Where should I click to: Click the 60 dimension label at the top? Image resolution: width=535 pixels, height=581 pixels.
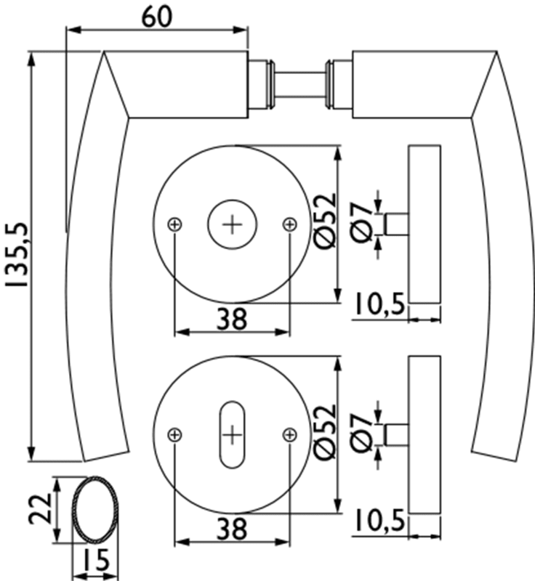coord(156,15)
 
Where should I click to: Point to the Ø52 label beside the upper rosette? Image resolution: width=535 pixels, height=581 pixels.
coord(327,222)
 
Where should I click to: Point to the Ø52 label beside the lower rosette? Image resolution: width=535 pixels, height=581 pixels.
coord(327,431)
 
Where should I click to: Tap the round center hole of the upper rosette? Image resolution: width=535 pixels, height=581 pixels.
coord(233,224)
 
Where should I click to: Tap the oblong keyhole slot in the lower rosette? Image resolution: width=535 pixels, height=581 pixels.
coord(232,434)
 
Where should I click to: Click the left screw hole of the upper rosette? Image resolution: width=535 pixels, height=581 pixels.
coord(174,224)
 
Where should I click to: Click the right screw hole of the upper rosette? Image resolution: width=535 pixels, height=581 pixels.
coord(290,224)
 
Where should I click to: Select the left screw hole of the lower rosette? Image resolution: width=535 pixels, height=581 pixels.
coord(174,434)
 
